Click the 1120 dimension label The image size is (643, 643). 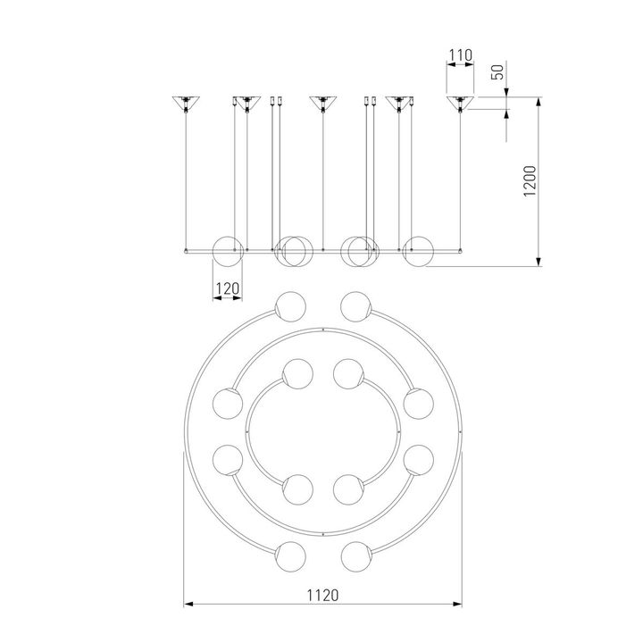pyautogui.click(x=322, y=595)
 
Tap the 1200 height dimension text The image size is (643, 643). pyautogui.click(x=530, y=180)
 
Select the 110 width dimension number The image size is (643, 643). pyautogui.click(x=460, y=55)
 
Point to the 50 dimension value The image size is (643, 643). pyautogui.click(x=497, y=72)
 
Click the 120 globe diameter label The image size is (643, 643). pyautogui.click(x=228, y=288)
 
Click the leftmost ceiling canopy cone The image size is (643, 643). pyautogui.click(x=186, y=102)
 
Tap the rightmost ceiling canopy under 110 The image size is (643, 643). pyautogui.click(x=460, y=103)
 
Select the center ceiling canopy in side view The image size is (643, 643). pyautogui.click(x=322, y=103)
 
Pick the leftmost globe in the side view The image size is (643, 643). pyautogui.click(x=228, y=251)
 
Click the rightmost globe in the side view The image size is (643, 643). pyautogui.click(x=418, y=251)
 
